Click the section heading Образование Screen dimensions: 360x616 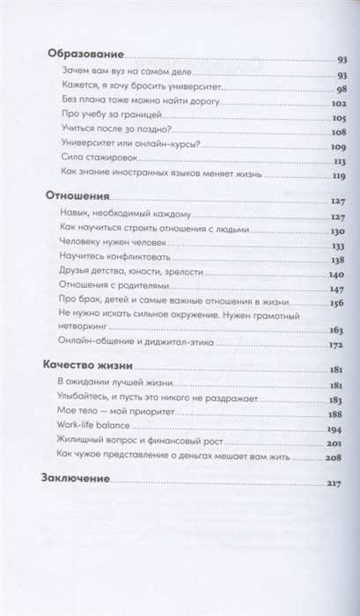click(x=83, y=55)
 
